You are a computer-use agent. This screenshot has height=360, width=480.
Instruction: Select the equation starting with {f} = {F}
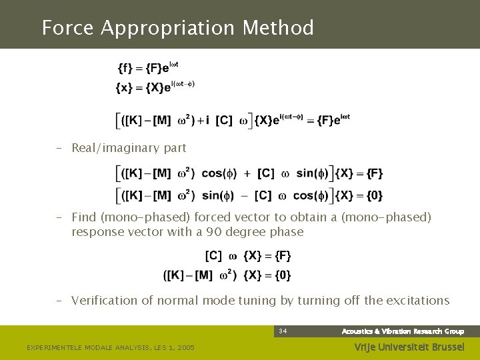tap(147, 67)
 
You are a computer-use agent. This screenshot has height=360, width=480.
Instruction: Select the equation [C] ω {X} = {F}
tap(248, 255)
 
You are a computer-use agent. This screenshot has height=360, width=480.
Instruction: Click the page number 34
tap(283, 331)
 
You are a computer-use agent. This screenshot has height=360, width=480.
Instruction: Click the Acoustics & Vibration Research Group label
tap(403, 331)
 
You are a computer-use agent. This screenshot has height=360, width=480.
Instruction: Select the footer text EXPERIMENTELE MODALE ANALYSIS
tap(87, 348)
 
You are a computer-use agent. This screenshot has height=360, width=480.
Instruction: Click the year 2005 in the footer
tap(184, 348)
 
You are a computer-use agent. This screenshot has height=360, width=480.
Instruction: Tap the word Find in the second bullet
tap(84, 217)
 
